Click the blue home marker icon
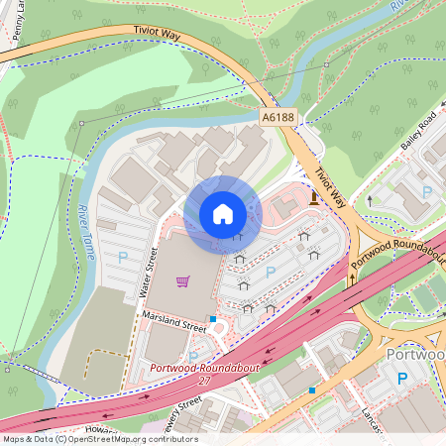click(223, 213)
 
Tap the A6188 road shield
click(279, 117)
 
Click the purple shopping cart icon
click(182, 281)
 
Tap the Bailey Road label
click(418, 133)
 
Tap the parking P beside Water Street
click(123, 257)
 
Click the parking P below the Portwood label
click(402, 379)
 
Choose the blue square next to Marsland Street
click(212, 319)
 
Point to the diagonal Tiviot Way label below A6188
click(330, 186)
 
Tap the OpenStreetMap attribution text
click(100, 439)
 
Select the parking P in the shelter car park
click(271, 272)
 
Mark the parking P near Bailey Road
click(427, 191)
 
